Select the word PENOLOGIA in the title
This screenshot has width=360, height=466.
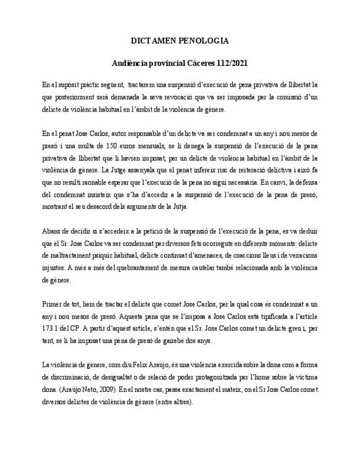point(206,41)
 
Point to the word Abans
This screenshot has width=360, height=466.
point(52,231)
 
